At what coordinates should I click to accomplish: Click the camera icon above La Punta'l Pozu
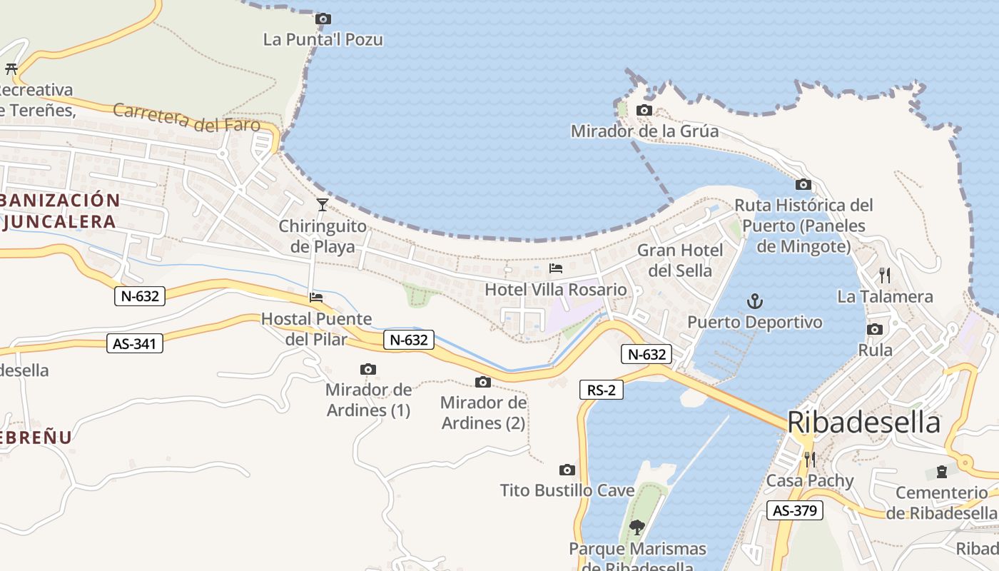pos(323,19)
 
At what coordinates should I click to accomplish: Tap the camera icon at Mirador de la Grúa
pos(644,111)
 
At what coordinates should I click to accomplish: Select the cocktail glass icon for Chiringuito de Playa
pos(323,205)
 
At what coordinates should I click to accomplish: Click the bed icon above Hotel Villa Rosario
pos(556,268)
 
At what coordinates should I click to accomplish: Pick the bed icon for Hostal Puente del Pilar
pos(316,297)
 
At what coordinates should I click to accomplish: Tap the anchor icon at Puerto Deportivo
pos(754,301)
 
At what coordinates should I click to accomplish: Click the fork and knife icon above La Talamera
pos(885,275)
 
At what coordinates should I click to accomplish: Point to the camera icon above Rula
pos(875,329)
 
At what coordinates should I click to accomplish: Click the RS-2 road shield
pos(602,390)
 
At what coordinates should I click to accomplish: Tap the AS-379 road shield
pos(795,510)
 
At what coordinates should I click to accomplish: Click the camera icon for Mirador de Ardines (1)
pos(368,369)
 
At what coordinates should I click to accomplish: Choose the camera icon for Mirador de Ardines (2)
pos(483,382)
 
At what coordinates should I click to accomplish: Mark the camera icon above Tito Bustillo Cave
pos(567,470)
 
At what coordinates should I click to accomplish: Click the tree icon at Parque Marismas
pos(637,527)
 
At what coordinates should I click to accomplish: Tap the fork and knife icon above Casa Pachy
pos(809,459)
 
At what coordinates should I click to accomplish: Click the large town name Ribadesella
pos(863,423)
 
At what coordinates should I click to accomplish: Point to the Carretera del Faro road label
pos(186,118)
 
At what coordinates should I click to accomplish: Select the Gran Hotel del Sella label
pos(680,261)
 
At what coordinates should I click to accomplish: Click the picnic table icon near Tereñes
pos(11,69)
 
